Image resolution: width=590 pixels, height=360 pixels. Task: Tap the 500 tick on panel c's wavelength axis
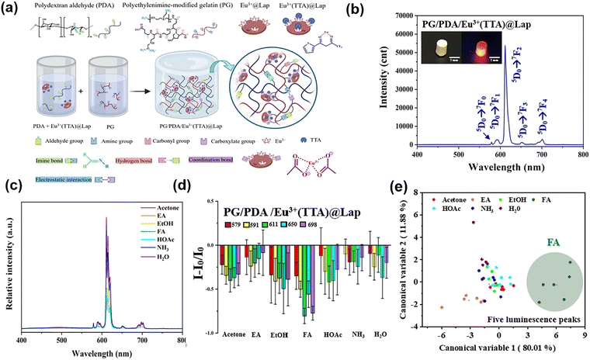click(x=61, y=339)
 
